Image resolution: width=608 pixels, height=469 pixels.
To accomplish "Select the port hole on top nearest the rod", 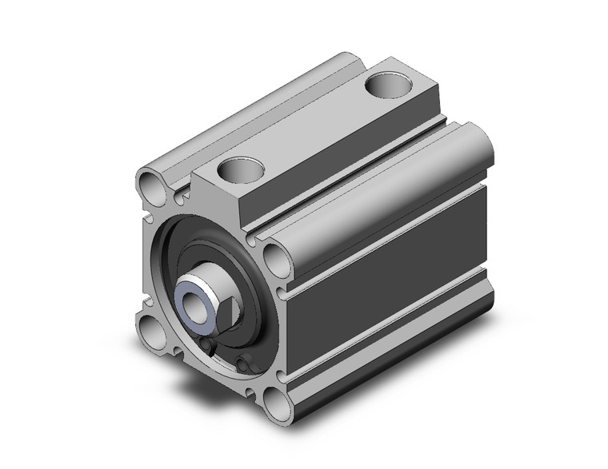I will (240, 169).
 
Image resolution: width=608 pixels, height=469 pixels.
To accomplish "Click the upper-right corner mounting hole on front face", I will (273, 260).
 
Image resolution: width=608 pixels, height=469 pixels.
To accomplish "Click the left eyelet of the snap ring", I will (209, 345).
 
